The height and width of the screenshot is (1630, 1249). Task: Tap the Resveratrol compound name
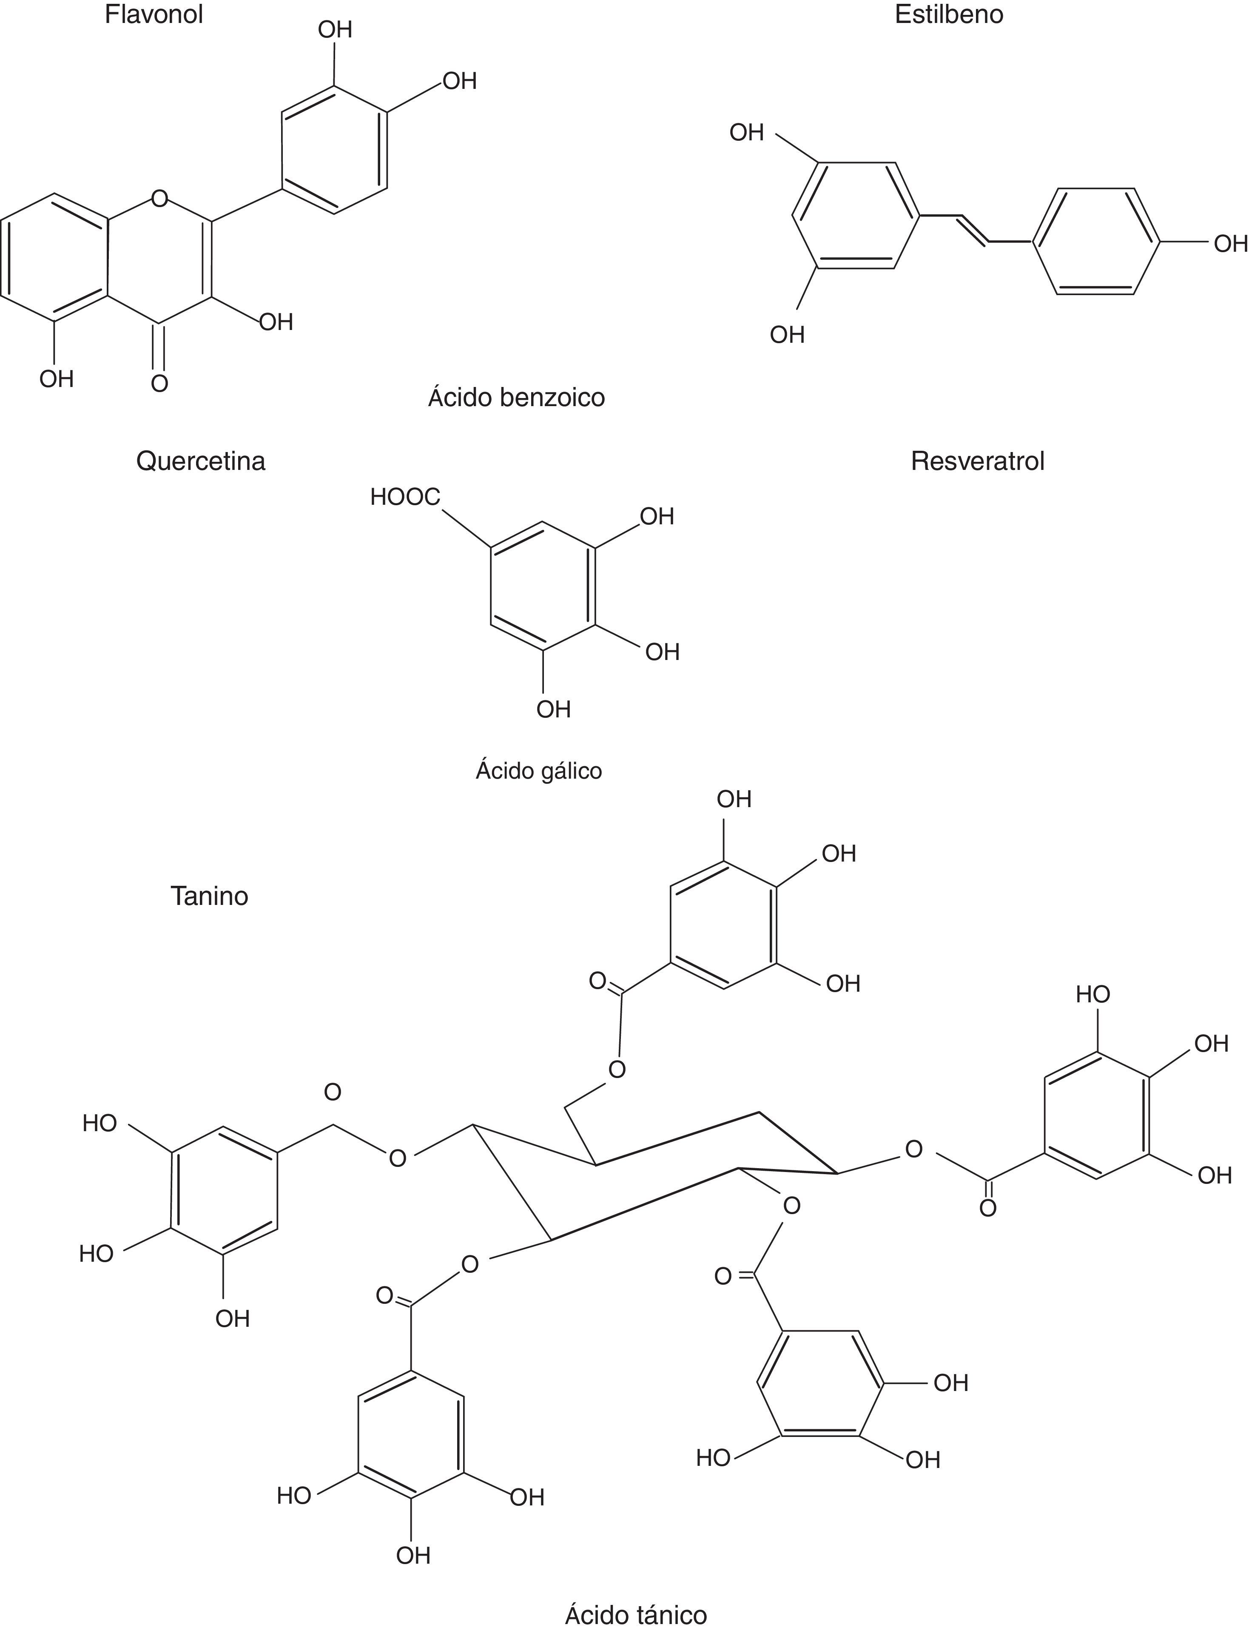[x=978, y=461]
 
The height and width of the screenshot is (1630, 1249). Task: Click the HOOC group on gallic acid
[x=405, y=497]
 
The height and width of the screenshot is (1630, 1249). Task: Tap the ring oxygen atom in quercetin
[x=159, y=199]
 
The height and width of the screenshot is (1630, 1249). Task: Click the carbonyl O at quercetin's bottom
[x=159, y=384]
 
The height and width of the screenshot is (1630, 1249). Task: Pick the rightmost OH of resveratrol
[x=1230, y=243]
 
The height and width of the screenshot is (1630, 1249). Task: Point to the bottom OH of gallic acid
[x=554, y=709]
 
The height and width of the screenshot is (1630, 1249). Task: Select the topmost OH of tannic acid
[x=734, y=799]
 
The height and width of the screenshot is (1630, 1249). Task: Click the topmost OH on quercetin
[x=335, y=30]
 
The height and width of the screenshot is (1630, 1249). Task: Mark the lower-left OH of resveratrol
[x=787, y=335]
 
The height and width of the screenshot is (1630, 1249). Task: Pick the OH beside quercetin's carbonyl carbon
[x=276, y=322]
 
